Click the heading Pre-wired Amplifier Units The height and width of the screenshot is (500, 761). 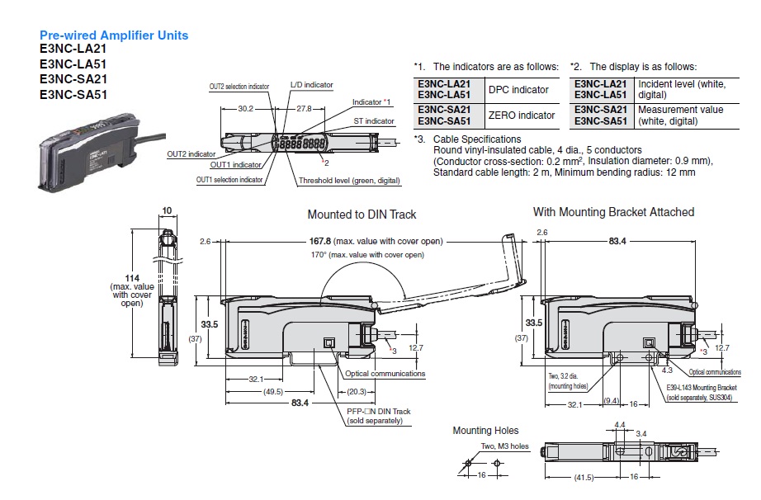click(114, 35)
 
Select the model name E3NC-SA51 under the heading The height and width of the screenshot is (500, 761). click(73, 94)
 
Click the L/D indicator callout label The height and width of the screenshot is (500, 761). click(312, 85)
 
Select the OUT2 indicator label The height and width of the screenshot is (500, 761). click(191, 153)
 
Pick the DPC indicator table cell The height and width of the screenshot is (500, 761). click(518, 90)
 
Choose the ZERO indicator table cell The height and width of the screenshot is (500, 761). click(522, 116)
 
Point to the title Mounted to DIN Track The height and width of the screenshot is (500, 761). click(362, 215)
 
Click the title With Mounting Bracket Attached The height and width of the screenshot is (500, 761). click(613, 212)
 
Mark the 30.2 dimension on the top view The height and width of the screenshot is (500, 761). click(245, 108)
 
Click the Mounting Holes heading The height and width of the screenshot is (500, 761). click(485, 431)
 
